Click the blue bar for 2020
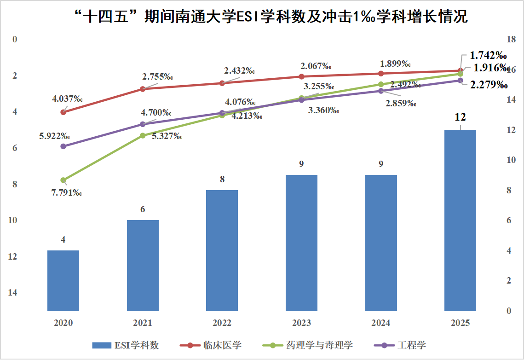tap(63, 280)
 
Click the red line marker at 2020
tap(63, 112)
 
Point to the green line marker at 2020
tap(63, 180)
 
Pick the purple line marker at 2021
tap(143, 124)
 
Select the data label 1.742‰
tap(487, 55)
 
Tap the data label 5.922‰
tap(55, 136)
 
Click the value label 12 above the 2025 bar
tap(461, 117)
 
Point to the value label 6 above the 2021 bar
tap(143, 209)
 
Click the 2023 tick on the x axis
tap(301, 323)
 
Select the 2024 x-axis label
tap(381, 323)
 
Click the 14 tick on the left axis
tap(12, 292)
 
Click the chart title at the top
tap(271, 17)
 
